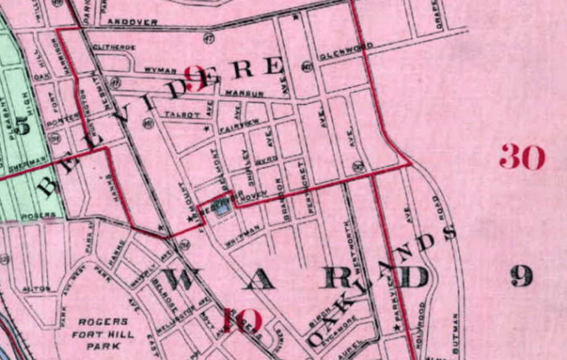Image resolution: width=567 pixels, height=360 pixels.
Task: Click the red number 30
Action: pyautogui.click(x=522, y=157)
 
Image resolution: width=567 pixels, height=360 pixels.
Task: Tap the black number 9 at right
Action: pyautogui.click(x=522, y=276)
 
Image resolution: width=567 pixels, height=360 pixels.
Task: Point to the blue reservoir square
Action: pyautogui.click(x=222, y=209)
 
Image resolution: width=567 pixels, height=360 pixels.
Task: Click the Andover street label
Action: pyautogui.click(x=132, y=22)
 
